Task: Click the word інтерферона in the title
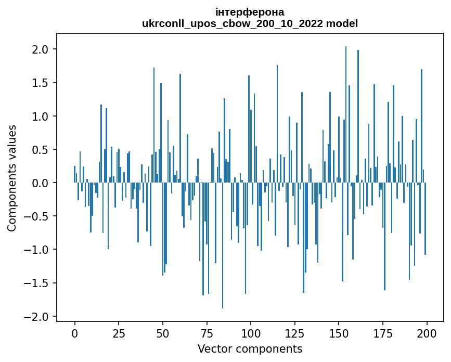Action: [250, 12]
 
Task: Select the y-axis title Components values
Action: [12, 178]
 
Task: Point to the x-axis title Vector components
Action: [250, 348]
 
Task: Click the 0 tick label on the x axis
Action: [74, 332]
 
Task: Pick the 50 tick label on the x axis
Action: [162, 332]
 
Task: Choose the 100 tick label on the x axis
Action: [251, 332]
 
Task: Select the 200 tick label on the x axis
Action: [427, 332]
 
